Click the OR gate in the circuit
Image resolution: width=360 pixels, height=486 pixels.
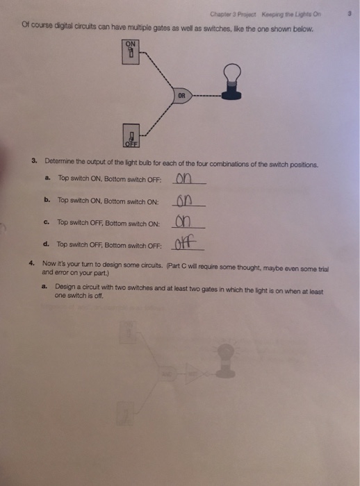pyautogui.click(x=183, y=96)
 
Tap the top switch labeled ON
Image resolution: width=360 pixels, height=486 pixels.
pyautogui.click(x=131, y=52)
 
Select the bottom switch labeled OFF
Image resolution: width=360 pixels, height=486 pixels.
pyautogui.click(x=131, y=135)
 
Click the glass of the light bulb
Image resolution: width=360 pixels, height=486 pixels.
pyautogui.click(x=232, y=72)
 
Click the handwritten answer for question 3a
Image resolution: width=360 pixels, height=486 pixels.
pyautogui.click(x=183, y=178)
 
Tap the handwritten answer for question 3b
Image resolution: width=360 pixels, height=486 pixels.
pyautogui.click(x=183, y=201)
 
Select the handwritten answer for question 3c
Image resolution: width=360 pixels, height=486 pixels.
pyautogui.click(x=183, y=221)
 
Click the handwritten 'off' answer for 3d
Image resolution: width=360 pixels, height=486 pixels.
pyautogui.click(x=186, y=243)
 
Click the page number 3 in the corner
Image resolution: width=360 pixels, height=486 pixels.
pyautogui.click(x=350, y=14)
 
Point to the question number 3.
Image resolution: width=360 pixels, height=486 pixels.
pyautogui.click(x=34, y=160)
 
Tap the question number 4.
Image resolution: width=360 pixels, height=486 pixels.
pyautogui.click(x=31, y=263)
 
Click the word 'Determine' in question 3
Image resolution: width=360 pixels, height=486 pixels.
pyautogui.click(x=60, y=161)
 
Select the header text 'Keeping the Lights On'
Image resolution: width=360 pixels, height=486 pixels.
pyautogui.click(x=291, y=15)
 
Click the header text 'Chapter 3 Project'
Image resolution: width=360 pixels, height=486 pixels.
pyautogui.click(x=233, y=15)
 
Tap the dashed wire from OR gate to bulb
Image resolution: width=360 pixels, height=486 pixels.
pyautogui.click(x=207, y=96)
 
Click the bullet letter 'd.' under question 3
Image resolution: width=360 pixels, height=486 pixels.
pyautogui.click(x=46, y=244)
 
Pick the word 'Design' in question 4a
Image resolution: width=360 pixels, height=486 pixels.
pyautogui.click(x=65, y=287)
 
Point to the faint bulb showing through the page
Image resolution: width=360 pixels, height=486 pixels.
pyautogui.click(x=226, y=360)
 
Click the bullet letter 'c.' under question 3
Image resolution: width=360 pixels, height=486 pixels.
pyautogui.click(x=47, y=222)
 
